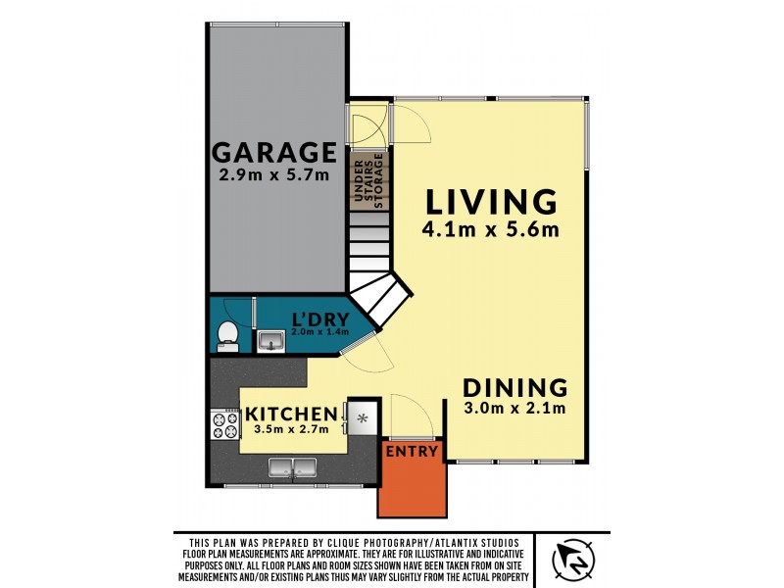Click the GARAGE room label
(274, 153)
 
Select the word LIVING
(491, 202)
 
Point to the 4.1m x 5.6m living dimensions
(491, 231)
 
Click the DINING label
(514, 386)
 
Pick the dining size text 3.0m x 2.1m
(514, 409)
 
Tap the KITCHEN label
(291, 413)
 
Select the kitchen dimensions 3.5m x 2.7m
(291, 428)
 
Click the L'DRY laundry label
(316, 318)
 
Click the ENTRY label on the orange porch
(412, 451)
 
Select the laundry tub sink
(270, 341)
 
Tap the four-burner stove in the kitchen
(224, 423)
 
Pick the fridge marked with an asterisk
(362, 417)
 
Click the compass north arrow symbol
(572, 559)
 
